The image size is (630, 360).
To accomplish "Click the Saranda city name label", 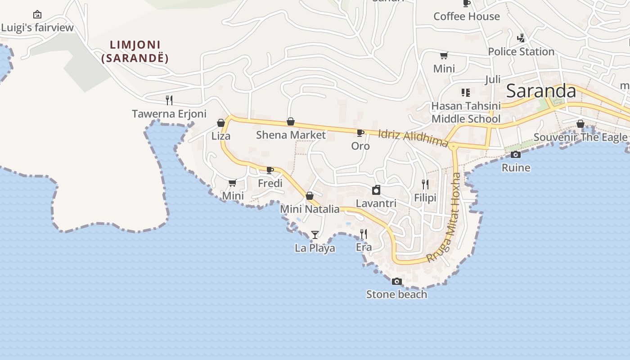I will pos(541,91).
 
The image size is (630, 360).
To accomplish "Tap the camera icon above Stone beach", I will pos(396,281).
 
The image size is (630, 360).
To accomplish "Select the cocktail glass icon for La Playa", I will pos(315,234).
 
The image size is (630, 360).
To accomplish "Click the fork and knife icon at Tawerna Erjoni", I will pos(169,100).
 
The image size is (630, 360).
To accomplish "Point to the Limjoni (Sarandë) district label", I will pos(135,51).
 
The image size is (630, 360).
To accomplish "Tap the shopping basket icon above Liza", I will pos(221,123).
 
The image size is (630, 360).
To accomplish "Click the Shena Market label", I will pos(291,135).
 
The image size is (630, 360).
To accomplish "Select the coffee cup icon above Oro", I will pos(360,133).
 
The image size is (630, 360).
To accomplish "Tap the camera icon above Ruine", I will pos(516,155).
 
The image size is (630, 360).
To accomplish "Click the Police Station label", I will pos(521,51).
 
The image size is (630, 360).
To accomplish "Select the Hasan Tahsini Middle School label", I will pos(466,112).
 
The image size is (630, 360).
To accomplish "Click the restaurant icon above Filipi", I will pos(425,184).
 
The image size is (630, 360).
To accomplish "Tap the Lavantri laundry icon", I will pos(376,190).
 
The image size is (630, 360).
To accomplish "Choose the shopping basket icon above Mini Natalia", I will pos(310,196).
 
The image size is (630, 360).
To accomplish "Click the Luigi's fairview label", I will pos(37,27).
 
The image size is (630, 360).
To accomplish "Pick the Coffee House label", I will pos(467,16).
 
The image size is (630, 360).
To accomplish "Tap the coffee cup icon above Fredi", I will pos(270,170).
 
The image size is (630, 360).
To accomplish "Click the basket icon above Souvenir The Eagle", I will pos(580,124).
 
